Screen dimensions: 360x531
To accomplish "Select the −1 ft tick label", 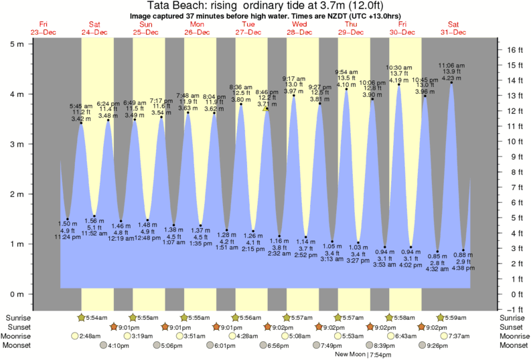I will click(513, 309).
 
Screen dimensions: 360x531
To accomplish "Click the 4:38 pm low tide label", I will click(462, 269).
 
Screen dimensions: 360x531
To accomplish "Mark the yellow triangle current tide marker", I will click(267, 107).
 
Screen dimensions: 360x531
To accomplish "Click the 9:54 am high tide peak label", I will click(346, 72).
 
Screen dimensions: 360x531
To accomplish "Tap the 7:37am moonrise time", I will click(462, 337).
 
